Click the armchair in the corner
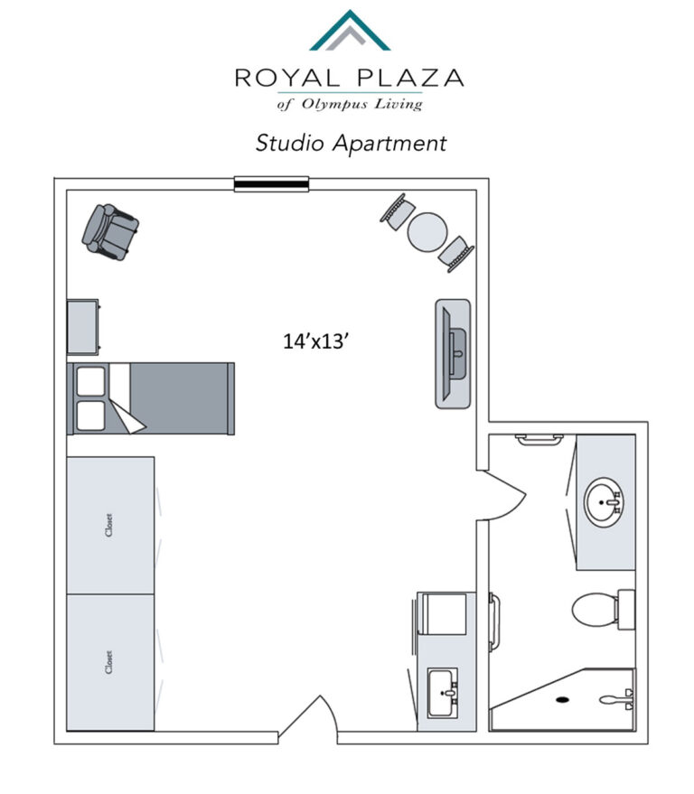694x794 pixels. coord(110,232)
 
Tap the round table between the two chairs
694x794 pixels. coord(427,232)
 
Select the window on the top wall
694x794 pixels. coord(271,183)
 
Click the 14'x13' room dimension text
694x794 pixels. coord(315,341)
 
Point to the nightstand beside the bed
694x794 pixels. coord(83,327)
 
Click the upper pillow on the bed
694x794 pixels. coord(90,381)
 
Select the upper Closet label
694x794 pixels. coord(109,525)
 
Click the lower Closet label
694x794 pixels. coord(109,662)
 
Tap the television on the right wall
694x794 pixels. coord(453,353)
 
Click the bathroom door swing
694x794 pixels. coord(502,494)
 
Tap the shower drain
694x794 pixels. coord(562,700)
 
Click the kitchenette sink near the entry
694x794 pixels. coord(443,693)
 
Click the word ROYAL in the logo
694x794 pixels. coord(286,78)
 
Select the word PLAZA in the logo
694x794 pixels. coord(410,78)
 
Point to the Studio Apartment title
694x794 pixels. coord(351,144)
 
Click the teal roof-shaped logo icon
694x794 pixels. coord(350,30)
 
